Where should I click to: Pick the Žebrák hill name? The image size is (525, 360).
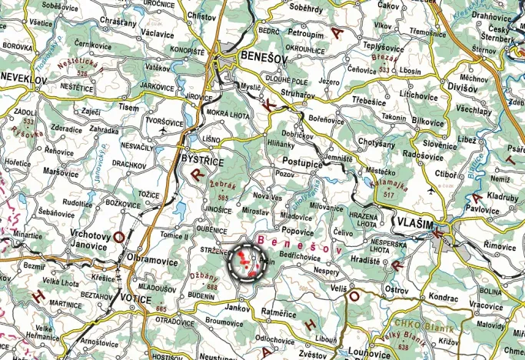click(x=224, y=187)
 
